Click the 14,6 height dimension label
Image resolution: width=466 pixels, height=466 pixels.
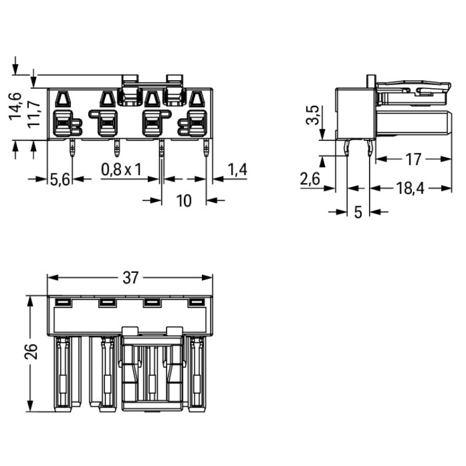[x=16, y=106]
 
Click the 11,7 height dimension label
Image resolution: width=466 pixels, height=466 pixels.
[x=34, y=114]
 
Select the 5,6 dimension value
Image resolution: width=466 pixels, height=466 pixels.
[x=60, y=180]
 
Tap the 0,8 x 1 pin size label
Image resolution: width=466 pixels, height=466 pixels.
[x=121, y=170]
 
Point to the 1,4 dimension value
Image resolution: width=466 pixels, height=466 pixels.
[x=237, y=170]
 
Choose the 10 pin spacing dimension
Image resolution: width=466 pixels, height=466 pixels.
[x=184, y=201]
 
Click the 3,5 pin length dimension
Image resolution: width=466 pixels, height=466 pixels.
[x=313, y=115]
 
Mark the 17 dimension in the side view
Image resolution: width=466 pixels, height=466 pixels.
[x=413, y=160]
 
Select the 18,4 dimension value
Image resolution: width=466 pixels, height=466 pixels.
[x=411, y=188]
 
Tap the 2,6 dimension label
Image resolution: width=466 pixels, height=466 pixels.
[x=310, y=179]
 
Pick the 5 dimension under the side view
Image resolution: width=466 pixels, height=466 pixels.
[x=358, y=212]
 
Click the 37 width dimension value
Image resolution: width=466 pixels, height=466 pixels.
[x=130, y=278]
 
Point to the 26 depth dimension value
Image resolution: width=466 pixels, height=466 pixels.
[x=31, y=352]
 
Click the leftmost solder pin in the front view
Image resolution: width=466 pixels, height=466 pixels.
[x=72, y=148]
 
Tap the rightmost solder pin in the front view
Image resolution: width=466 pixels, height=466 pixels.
[x=206, y=148]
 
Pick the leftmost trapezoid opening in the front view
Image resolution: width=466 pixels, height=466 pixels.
[x=63, y=99]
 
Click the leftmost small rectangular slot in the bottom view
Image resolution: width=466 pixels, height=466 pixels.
[x=63, y=303]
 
